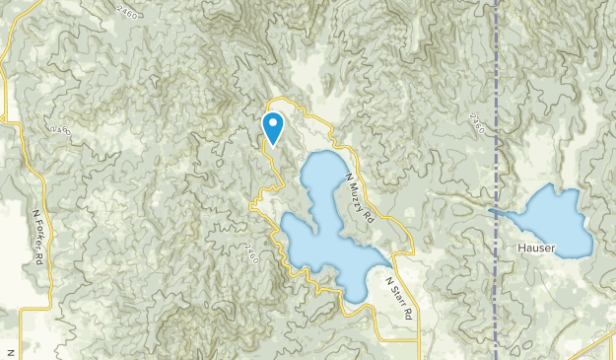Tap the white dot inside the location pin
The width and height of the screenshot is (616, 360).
pos(273,123)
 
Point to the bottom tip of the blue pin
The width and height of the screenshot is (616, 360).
pos(273,144)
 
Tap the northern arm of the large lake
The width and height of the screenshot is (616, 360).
pos(320,178)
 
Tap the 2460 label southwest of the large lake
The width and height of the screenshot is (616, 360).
pos(251,252)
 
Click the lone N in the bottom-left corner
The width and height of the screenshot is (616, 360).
pos(7,352)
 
